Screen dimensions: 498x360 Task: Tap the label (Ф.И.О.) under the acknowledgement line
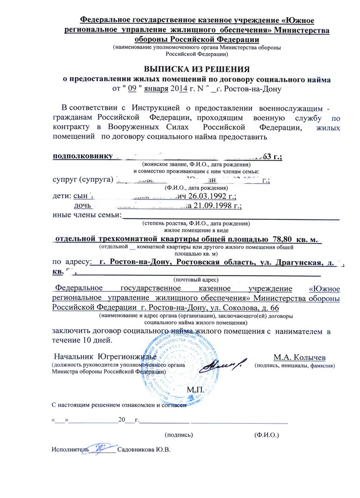point(262,433)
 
